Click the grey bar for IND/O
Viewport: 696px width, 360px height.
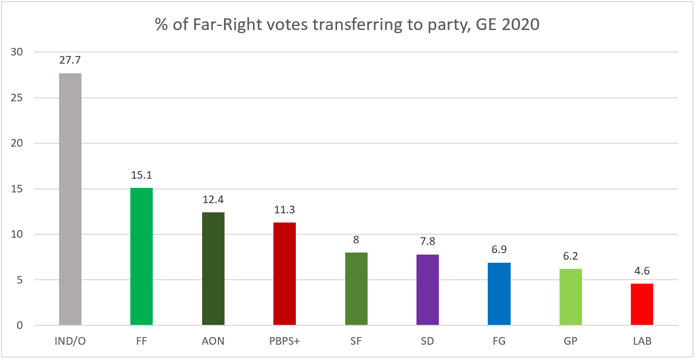70,199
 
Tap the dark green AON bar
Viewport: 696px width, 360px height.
213,268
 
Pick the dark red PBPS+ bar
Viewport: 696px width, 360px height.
285,273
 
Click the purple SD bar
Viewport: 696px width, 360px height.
428,290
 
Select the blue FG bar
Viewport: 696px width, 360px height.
499,294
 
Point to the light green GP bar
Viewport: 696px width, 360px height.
571,297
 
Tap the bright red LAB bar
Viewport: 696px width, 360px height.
642,304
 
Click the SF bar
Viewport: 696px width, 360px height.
356,289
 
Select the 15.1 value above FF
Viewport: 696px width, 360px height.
142,176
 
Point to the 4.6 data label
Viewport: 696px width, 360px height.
642,271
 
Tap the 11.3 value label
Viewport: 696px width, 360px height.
285,210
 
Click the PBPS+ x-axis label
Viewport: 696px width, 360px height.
285,341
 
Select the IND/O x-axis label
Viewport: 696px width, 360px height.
70,341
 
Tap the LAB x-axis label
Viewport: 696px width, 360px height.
642,341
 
